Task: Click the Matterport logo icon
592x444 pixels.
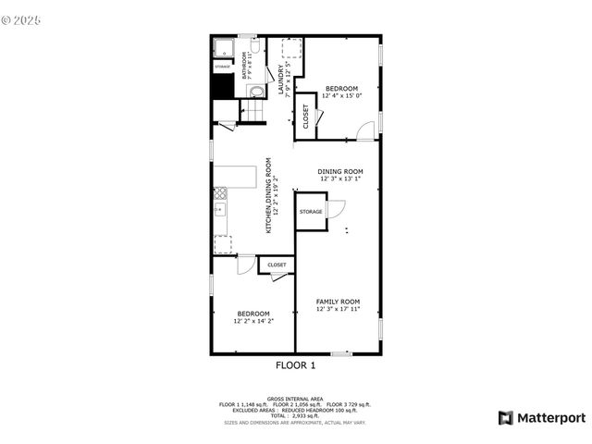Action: (505, 417)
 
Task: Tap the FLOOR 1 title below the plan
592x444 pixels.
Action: (295, 365)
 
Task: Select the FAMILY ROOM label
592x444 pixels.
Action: (338, 302)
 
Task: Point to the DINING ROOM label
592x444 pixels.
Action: (339, 171)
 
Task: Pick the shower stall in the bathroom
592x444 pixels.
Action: (223, 49)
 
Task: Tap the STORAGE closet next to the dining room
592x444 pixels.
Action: (311, 212)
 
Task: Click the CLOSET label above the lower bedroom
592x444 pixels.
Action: (277, 265)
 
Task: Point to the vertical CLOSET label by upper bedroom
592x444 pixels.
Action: (306, 116)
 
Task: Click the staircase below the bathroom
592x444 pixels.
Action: (253, 111)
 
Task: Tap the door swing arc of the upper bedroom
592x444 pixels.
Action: (367, 129)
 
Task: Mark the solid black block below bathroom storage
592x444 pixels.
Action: (222, 85)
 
